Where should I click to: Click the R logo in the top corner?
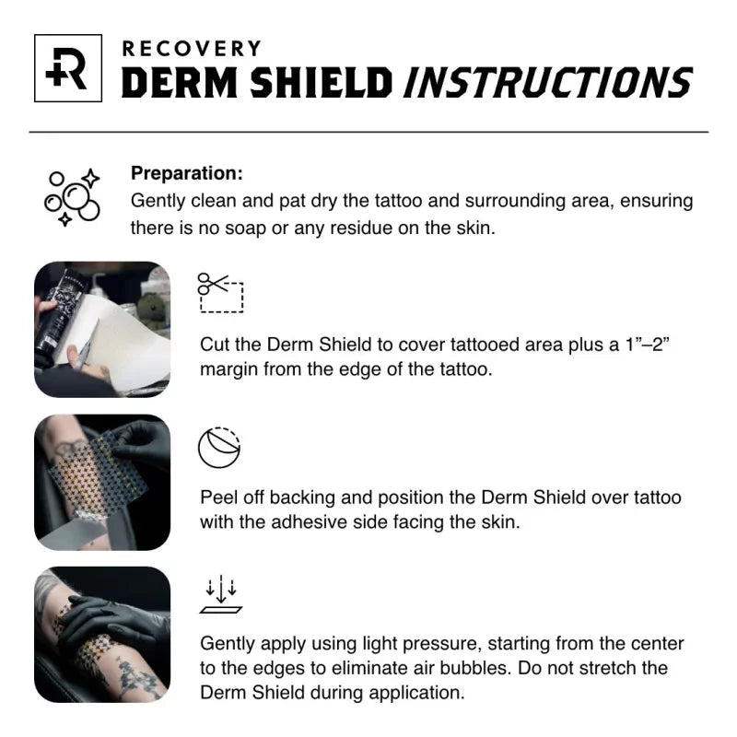(67, 68)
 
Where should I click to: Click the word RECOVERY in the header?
(192, 48)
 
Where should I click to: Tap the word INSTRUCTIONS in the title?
(547, 83)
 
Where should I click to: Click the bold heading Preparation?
(187, 173)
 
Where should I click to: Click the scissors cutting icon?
(220, 293)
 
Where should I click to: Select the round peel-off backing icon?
(219, 448)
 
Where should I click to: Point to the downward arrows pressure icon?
(220, 595)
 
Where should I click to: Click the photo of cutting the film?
(102, 329)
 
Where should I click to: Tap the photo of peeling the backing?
(102, 482)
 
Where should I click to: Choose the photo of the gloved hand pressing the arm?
(102, 635)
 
